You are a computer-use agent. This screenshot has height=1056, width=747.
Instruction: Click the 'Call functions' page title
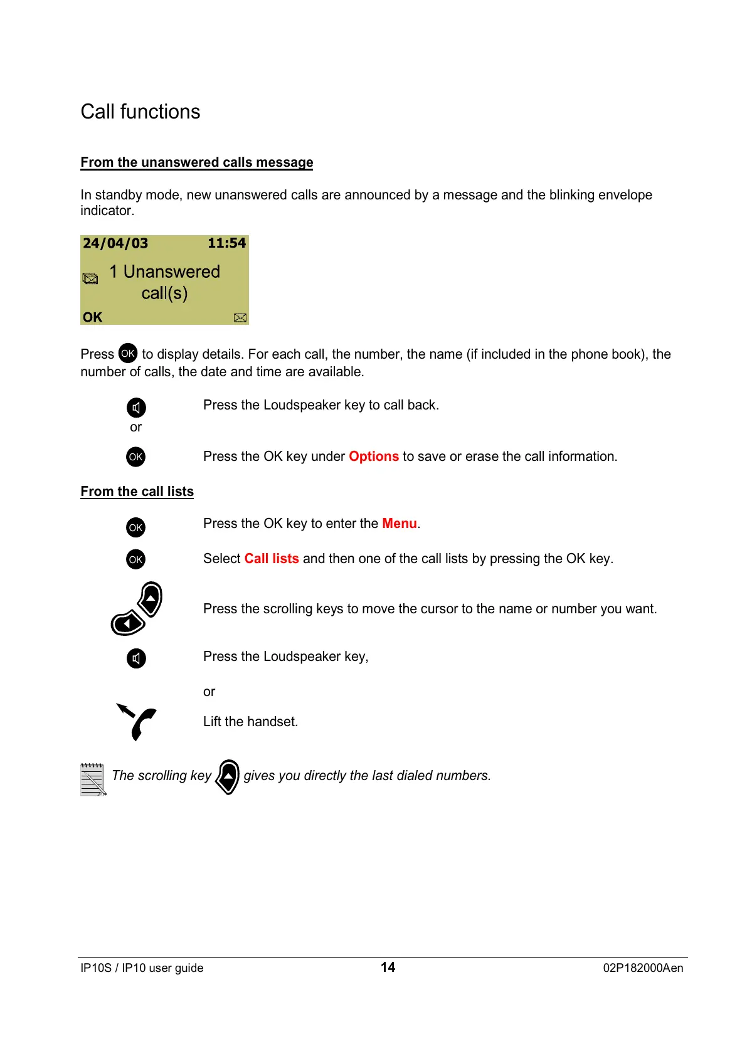[x=140, y=112]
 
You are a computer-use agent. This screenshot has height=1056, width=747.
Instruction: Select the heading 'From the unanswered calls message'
[x=196, y=162]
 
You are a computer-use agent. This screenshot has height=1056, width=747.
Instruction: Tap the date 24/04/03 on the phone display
[x=115, y=243]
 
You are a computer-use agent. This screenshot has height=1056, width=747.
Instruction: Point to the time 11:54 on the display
[x=226, y=243]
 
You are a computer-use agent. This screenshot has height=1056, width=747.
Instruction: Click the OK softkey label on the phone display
[x=92, y=317]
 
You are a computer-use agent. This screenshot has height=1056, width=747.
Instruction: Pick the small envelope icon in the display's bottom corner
[x=240, y=318]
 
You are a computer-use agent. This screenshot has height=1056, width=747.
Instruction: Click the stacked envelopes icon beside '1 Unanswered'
[x=90, y=278]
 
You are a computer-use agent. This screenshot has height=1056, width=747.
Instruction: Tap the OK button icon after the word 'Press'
[x=128, y=354]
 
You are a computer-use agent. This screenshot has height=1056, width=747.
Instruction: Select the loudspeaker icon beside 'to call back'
[x=136, y=408]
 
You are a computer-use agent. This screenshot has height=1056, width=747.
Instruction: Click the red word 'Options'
[x=374, y=457]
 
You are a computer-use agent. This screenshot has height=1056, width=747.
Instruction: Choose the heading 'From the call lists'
[x=137, y=492]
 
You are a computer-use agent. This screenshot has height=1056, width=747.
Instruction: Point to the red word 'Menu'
[x=400, y=524]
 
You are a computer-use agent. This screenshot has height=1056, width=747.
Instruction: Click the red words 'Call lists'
[x=272, y=559]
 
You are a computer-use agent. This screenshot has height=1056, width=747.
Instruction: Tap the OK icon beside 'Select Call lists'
[x=135, y=559]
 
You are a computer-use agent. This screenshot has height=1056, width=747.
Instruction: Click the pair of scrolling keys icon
[x=137, y=608]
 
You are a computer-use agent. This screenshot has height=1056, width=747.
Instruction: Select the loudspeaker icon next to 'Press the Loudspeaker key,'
[x=136, y=658]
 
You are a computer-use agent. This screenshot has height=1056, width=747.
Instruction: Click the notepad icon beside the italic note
[x=93, y=779]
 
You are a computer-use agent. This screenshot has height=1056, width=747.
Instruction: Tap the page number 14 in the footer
[x=388, y=968]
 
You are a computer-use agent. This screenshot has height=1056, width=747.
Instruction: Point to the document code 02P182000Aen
[x=643, y=968]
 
